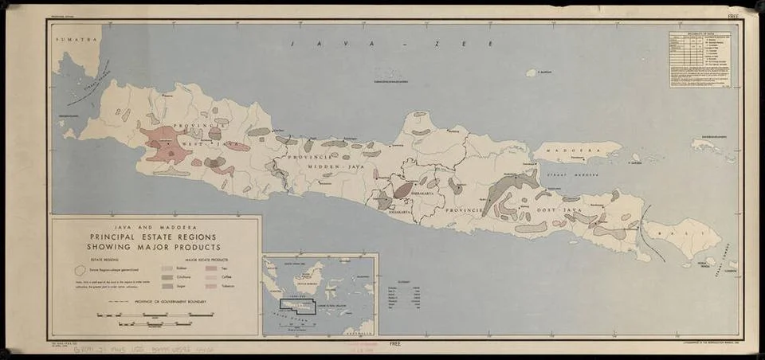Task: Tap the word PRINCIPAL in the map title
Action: coord(120,237)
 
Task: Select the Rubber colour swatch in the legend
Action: coord(168,269)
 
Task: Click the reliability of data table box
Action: coord(702,59)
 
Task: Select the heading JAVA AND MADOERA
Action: coord(156,227)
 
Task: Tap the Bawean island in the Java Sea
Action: coord(531,72)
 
